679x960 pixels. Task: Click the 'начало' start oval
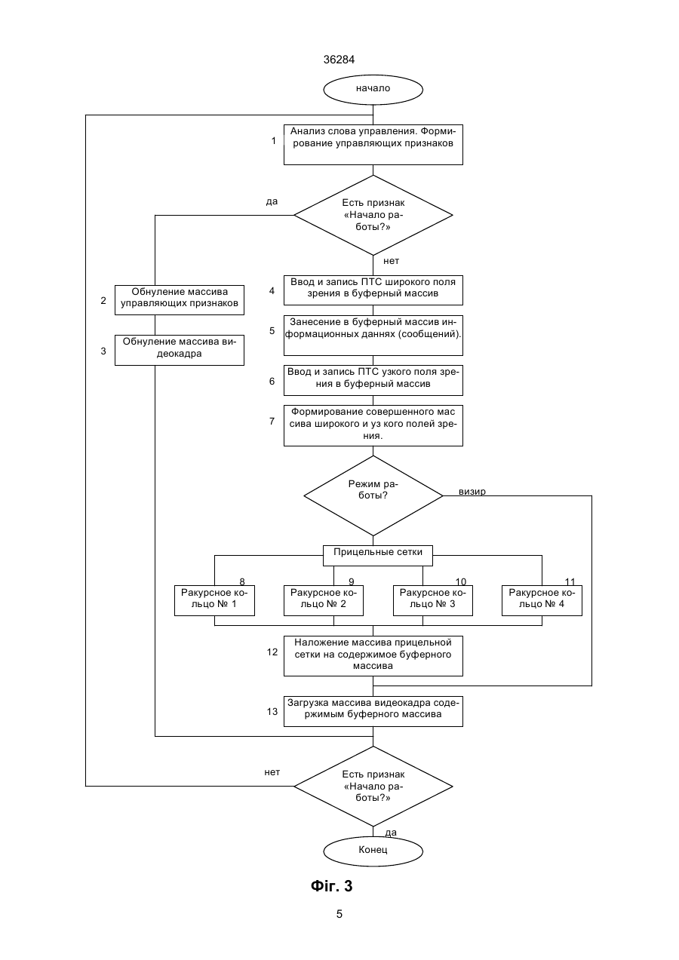[373, 90]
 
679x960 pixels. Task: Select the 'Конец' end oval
[373, 851]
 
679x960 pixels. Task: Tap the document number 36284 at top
[339, 60]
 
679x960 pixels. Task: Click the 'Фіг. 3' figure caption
[331, 886]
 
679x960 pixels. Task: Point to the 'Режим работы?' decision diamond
[373, 495]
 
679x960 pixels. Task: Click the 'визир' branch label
[472, 492]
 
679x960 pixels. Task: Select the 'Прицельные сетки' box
[378, 556]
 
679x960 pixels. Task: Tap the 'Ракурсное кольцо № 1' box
[214, 600]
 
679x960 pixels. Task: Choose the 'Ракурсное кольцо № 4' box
[542, 600]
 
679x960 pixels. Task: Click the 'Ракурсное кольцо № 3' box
[433, 600]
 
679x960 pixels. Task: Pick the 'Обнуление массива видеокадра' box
[180, 350]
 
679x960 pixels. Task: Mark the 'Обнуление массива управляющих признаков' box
[180, 300]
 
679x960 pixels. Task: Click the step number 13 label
[272, 711]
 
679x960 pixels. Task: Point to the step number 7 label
[272, 422]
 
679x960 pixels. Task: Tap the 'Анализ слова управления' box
[373, 145]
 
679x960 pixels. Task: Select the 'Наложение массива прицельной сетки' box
[373, 656]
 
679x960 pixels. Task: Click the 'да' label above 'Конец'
[391, 833]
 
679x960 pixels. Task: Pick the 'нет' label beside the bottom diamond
[272, 772]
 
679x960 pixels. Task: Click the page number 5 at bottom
[339, 914]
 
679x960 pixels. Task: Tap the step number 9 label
[351, 581]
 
